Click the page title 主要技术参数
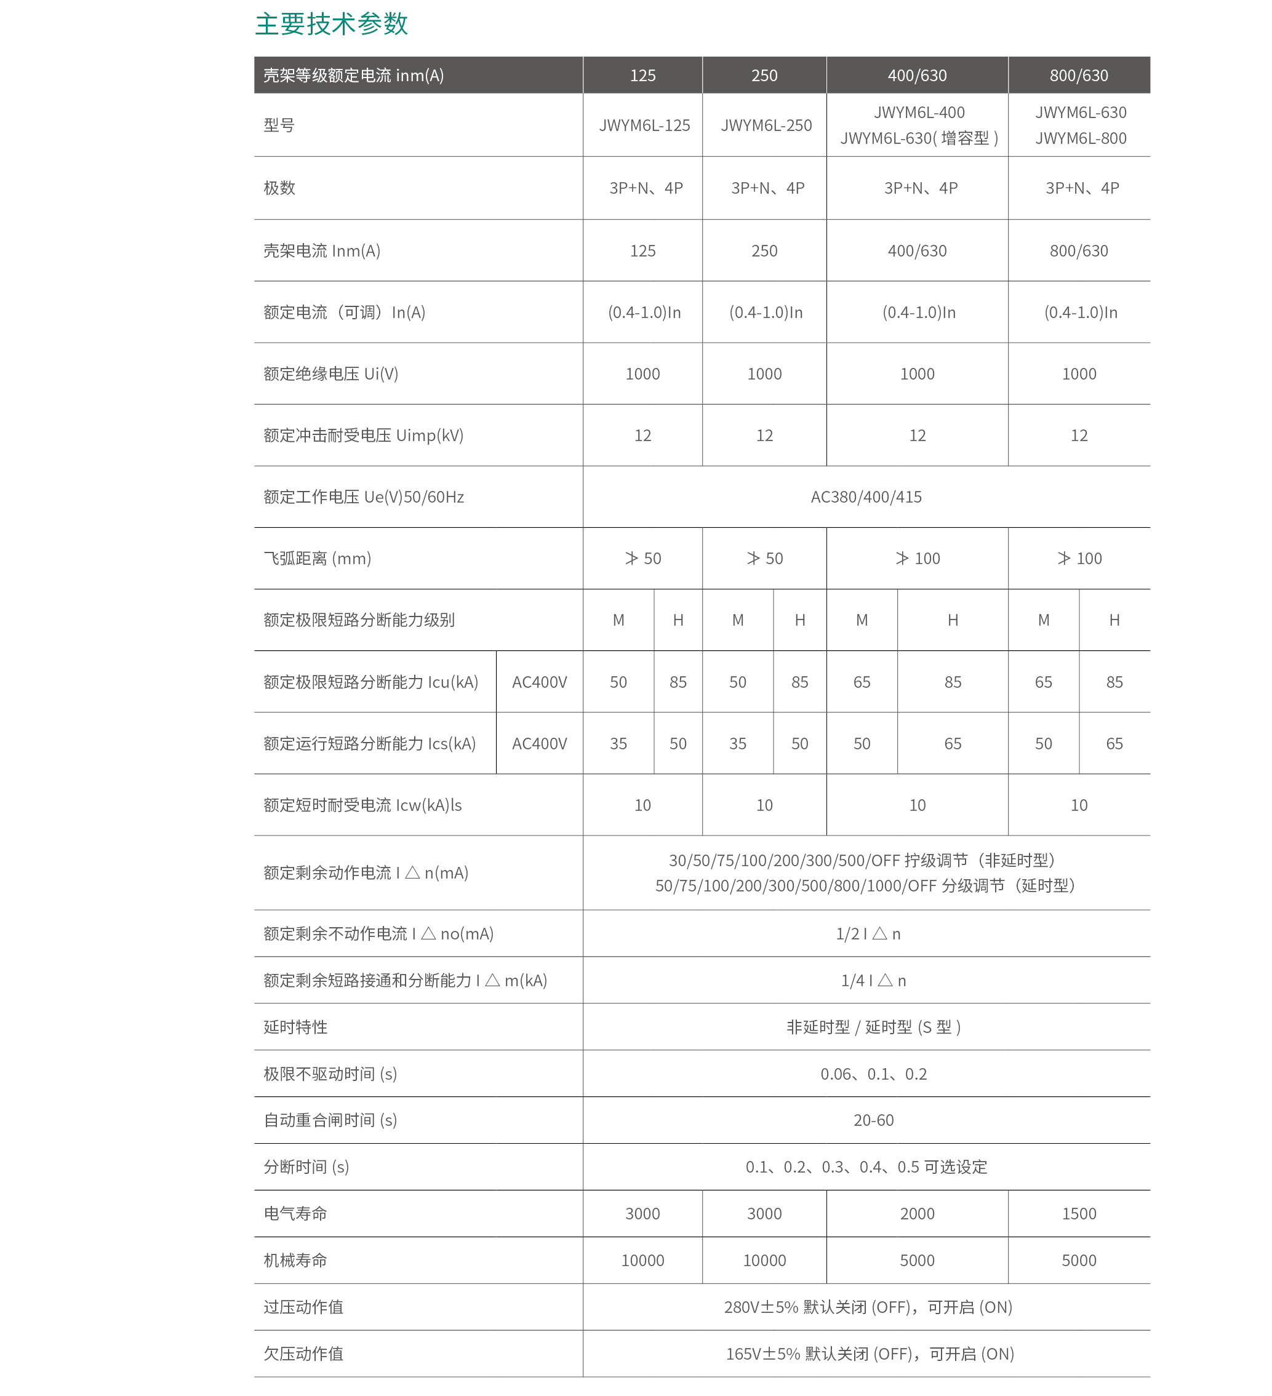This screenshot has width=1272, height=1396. [331, 24]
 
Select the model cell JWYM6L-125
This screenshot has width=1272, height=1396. [644, 126]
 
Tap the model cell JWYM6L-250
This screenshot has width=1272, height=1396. [766, 126]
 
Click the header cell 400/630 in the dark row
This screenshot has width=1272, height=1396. [917, 76]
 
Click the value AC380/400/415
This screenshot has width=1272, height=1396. [866, 497]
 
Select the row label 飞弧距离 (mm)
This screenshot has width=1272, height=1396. [317, 558]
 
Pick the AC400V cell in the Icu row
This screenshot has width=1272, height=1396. [540, 682]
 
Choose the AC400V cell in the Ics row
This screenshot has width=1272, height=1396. [540, 744]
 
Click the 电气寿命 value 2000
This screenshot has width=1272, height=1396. [917, 1214]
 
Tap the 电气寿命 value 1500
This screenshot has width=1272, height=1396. [1079, 1214]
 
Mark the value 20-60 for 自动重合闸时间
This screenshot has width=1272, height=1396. [873, 1120]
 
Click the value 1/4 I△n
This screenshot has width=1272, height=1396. [873, 981]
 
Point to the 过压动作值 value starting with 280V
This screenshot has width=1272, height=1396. [868, 1307]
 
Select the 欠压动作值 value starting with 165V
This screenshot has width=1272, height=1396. [869, 1354]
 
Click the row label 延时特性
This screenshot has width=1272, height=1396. [295, 1027]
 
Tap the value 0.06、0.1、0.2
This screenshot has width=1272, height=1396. [873, 1074]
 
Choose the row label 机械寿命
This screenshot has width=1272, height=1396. [295, 1260]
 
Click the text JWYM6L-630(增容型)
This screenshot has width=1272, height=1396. [919, 138]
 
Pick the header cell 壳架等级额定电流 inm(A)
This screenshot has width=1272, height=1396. [353, 76]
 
